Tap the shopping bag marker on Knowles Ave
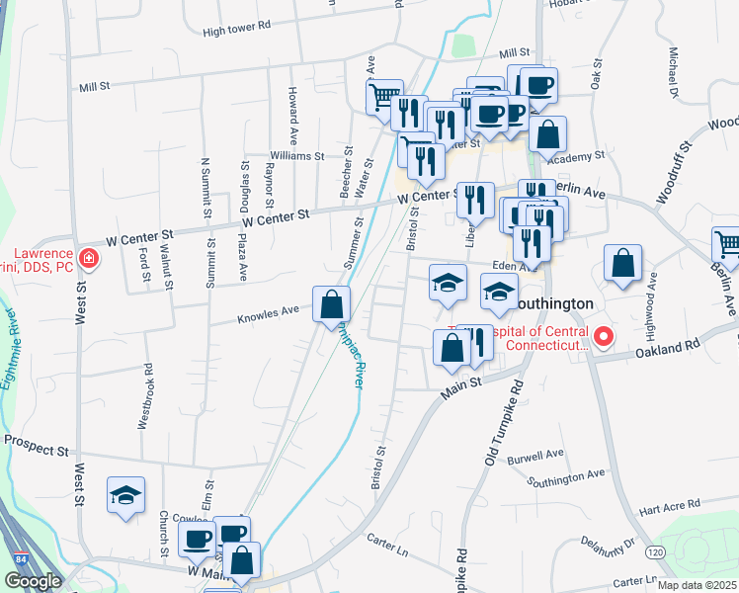pyautogui.click(x=331, y=304)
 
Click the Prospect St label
pyautogui.click(x=36, y=449)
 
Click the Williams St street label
pyautogui.click(x=297, y=156)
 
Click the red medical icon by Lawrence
pyautogui.click(x=89, y=259)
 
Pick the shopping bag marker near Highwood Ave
pyautogui.click(x=622, y=264)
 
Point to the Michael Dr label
pyautogui.click(x=674, y=72)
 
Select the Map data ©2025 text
pyautogui.click(x=697, y=585)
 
